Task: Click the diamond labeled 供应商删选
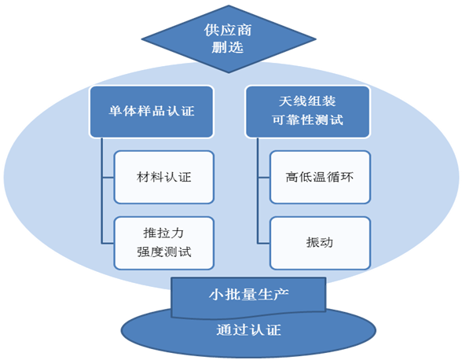(x=229, y=39)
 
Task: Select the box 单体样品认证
(x=152, y=112)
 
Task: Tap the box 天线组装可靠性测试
(x=308, y=112)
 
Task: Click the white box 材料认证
(x=163, y=177)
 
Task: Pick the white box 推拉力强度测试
(x=163, y=243)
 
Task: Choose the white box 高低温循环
(x=320, y=177)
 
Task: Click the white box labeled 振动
(x=320, y=243)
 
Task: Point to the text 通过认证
(x=248, y=329)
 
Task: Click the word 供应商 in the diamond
(x=228, y=30)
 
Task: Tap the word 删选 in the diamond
(x=228, y=47)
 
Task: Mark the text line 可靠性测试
(x=308, y=120)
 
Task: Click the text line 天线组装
(x=307, y=101)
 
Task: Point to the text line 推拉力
(x=163, y=233)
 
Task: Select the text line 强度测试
(x=163, y=252)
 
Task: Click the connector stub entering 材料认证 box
(x=108, y=178)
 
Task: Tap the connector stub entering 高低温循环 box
(x=264, y=178)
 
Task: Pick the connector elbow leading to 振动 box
(x=258, y=243)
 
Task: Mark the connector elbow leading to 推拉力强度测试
(x=102, y=243)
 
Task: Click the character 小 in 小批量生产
(x=215, y=294)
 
